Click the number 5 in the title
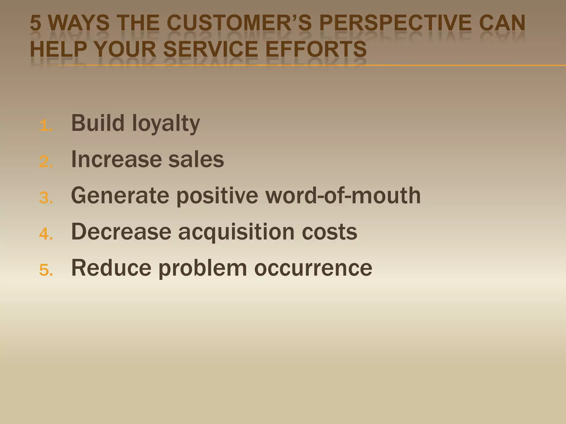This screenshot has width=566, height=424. [35, 23]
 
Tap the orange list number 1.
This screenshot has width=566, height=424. [45, 126]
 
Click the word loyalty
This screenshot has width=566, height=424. [166, 123]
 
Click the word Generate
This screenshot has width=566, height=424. [120, 195]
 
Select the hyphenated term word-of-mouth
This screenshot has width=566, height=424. [343, 195]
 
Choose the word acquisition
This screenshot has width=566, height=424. [236, 232]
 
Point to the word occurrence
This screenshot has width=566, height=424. [313, 268]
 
